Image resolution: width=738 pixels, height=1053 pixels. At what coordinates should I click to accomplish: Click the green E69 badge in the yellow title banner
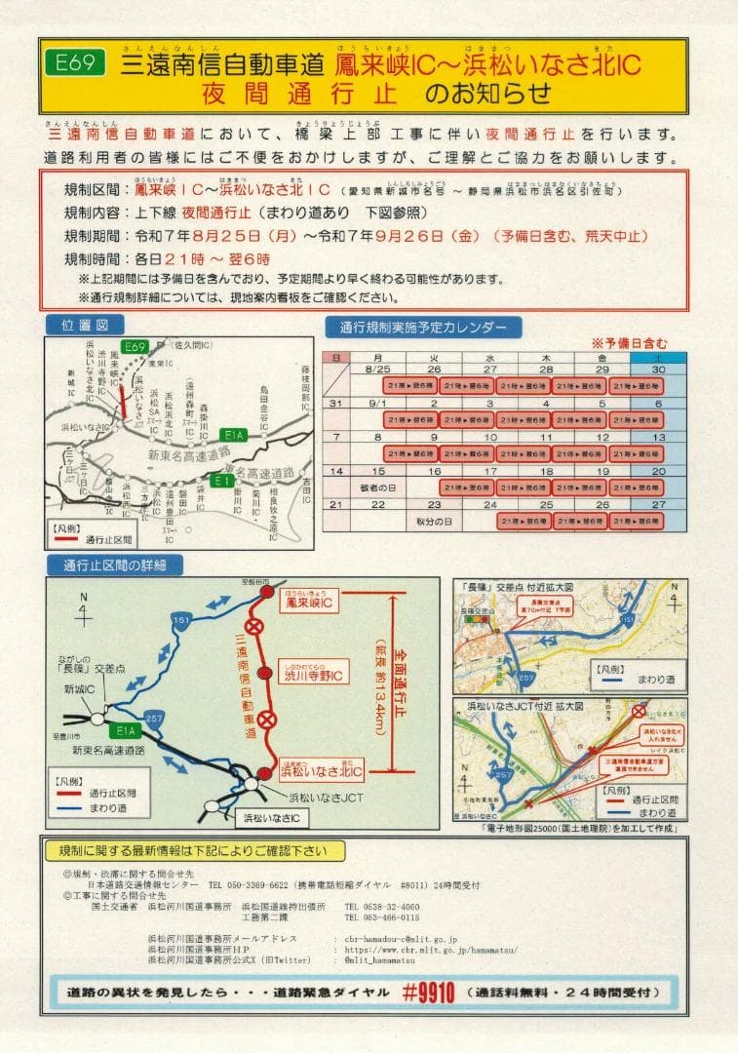[75, 64]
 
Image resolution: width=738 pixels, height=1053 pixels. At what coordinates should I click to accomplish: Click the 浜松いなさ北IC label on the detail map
[322, 772]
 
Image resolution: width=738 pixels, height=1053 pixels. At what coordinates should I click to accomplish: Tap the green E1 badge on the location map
[224, 481]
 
